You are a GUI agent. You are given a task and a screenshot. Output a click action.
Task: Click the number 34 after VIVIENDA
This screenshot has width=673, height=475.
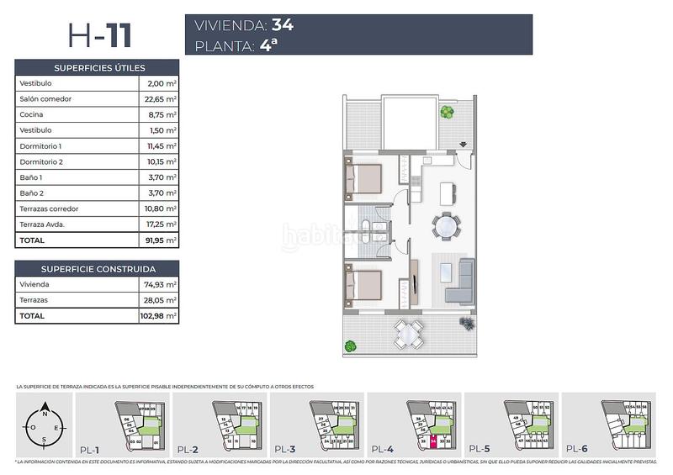[x=282, y=24]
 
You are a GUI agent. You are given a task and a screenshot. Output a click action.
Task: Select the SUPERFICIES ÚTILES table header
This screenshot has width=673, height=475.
[x=98, y=67]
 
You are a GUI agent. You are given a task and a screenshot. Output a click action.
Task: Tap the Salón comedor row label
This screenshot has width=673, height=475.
[x=45, y=99]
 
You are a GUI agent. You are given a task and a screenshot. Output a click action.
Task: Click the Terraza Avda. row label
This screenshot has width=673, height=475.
[x=42, y=224]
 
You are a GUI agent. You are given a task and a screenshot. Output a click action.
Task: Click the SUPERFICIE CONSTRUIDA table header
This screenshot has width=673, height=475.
[x=98, y=269]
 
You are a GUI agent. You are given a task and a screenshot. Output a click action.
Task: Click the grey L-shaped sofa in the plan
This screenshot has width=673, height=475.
[x=459, y=282]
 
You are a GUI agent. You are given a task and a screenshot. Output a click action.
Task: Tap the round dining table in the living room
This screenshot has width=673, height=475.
[x=445, y=225]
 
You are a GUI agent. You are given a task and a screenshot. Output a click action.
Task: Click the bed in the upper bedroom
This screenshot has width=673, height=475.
[x=363, y=179]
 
